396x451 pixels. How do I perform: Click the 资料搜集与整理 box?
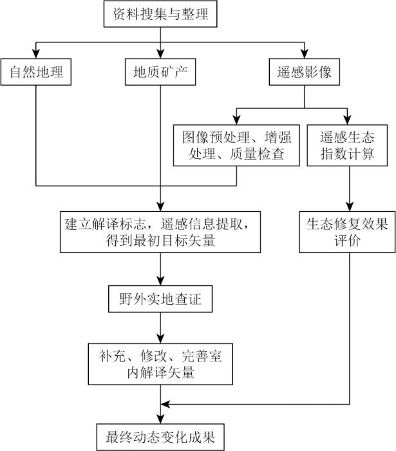tap(160, 14)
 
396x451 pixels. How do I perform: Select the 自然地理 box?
tap(36, 72)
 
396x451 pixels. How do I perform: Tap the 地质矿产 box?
tap(160, 72)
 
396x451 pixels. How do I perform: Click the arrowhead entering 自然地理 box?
tap(36, 54)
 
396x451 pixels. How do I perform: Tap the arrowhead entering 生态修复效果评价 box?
tap(348, 206)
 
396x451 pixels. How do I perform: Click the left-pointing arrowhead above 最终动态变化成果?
tap(165, 404)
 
